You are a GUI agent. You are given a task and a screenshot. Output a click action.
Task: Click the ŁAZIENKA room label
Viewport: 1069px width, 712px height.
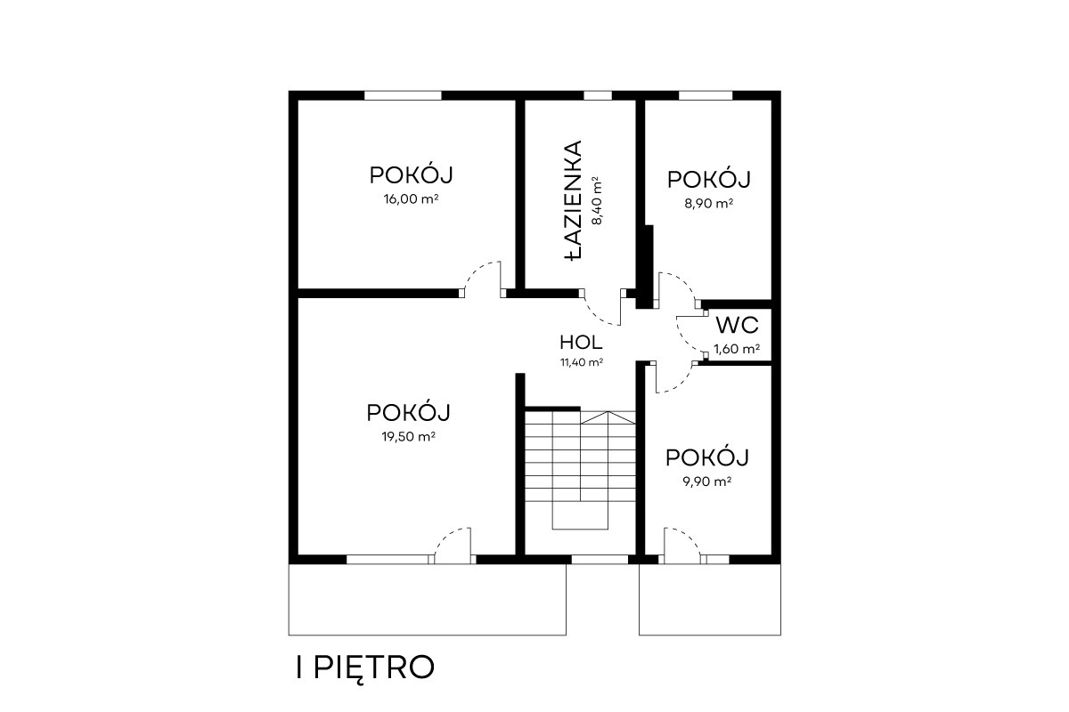pos(573,200)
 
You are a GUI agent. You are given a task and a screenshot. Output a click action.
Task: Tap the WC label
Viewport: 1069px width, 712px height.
pos(738,325)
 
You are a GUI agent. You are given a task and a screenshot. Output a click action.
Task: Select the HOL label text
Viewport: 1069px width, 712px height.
pos(581,343)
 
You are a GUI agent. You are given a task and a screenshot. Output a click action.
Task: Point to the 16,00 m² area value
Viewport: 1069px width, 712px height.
pos(411,198)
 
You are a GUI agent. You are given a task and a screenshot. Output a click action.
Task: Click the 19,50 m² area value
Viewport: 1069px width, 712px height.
pos(409,436)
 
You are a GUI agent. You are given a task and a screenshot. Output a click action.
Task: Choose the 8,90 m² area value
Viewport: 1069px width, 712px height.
pos(709,204)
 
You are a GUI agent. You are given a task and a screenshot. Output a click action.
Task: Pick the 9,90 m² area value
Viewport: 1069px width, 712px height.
pos(707,481)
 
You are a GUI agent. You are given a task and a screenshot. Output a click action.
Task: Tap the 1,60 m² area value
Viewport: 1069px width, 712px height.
pos(737,349)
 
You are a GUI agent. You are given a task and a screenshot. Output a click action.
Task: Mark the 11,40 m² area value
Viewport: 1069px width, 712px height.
pos(582,362)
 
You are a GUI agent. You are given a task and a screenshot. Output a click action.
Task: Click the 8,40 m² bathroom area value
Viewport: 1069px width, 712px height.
pos(597,200)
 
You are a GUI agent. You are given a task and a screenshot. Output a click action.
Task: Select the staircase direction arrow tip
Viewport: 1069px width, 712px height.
pos(608,411)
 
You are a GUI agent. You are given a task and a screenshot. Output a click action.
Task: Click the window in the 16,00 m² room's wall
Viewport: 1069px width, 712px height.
pos(403,95)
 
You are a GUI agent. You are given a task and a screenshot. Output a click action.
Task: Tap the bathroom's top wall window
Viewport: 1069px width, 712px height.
pos(598,95)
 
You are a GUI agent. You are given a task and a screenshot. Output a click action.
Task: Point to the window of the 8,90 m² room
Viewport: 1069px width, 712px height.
pos(706,95)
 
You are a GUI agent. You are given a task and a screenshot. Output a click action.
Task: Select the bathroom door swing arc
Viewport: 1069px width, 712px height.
pos(599,317)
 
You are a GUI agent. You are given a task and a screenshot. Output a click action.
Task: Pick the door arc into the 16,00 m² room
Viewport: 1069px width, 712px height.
pos(477,270)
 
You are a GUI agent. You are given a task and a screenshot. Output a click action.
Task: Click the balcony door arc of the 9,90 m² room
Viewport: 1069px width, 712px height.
pos(687,537)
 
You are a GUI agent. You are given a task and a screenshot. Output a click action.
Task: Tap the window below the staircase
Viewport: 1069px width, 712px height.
pos(600,560)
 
